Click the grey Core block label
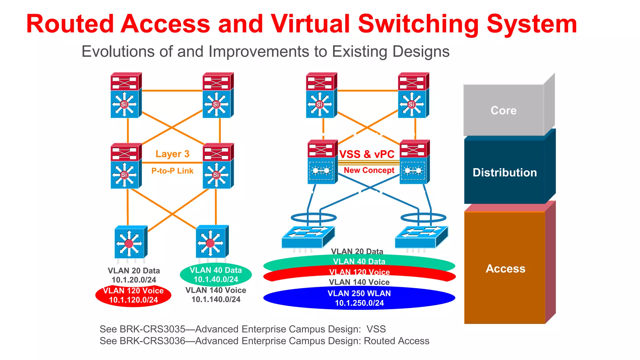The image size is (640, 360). click(503, 110)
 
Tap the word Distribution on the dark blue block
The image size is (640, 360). click(504, 172)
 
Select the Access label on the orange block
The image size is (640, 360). click(505, 268)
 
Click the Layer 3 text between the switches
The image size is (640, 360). click(172, 154)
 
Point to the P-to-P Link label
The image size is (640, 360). click(172, 171)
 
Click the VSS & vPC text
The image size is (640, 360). click(367, 154)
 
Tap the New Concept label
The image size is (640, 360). click(369, 170)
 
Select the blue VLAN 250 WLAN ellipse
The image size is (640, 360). click(359, 298)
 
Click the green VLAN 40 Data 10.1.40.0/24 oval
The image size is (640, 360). click(216, 275)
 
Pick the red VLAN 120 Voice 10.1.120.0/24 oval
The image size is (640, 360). click(133, 295)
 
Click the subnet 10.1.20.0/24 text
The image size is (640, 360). click(134, 280)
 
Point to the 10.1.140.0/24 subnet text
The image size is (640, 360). click(216, 299)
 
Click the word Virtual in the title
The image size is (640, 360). click(310, 24)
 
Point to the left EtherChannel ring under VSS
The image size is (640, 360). click(313, 217)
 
